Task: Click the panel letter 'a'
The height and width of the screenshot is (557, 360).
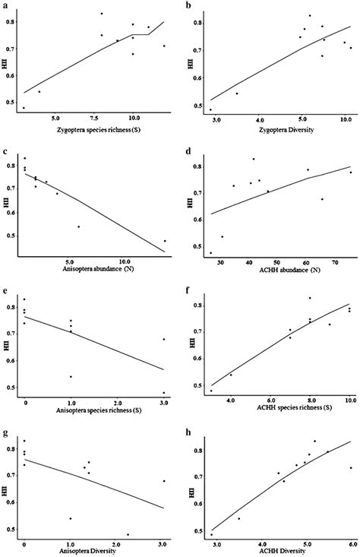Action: coord(6,5)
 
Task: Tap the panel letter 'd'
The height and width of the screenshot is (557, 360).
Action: coord(190,143)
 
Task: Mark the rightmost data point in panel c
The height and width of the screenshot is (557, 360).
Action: coord(164,241)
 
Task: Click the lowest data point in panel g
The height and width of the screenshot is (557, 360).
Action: coord(128,534)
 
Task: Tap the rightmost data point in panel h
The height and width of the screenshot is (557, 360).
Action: coord(350,467)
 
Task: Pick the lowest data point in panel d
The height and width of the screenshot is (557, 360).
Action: coord(210,252)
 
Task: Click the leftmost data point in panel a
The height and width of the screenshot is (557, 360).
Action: coord(24,108)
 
